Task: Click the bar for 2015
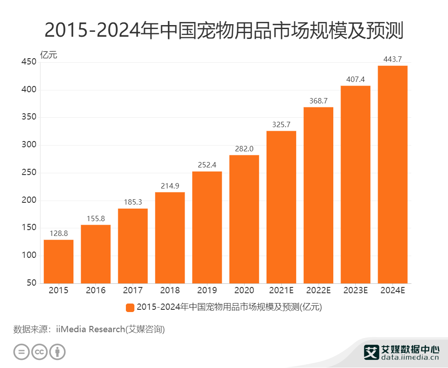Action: [59, 261]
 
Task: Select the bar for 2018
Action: [170, 238]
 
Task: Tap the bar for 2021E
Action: [281, 207]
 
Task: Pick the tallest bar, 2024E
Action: [392, 175]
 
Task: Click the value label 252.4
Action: [207, 164]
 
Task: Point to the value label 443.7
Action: [392, 59]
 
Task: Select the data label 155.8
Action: [95, 218]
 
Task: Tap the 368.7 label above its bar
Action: [319, 100]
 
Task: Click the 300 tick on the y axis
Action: [28, 145]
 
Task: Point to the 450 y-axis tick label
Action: [28, 62]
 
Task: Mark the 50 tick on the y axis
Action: [31, 283]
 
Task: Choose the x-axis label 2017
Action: [133, 291]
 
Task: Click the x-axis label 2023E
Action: [355, 291]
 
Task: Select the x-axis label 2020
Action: [244, 291]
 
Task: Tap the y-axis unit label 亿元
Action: [49, 55]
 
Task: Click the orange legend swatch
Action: [130, 308]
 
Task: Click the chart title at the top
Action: [224, 31]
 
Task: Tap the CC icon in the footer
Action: [39, 351]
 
